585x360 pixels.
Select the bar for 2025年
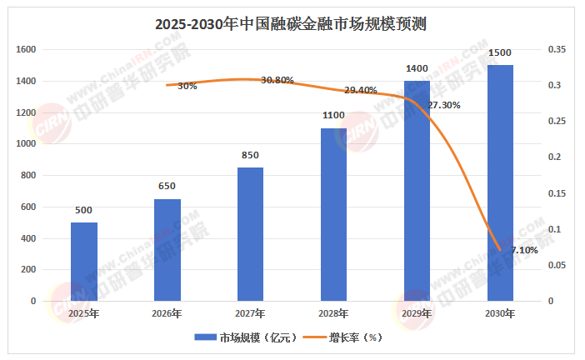tap(83, 262)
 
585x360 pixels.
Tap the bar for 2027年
tap(250, 234)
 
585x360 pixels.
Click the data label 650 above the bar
tap(167, 186)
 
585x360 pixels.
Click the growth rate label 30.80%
tap(277, 80)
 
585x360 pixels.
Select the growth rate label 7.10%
tap(525, 249)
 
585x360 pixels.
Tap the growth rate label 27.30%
tap(443, 106)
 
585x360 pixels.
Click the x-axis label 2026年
tap(167, 313)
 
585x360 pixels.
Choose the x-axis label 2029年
tap(417, 313)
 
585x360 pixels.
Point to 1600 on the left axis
tap(27, 50)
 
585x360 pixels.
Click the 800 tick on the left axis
tap(29, 176)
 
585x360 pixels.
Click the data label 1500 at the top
tap(500, 52)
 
